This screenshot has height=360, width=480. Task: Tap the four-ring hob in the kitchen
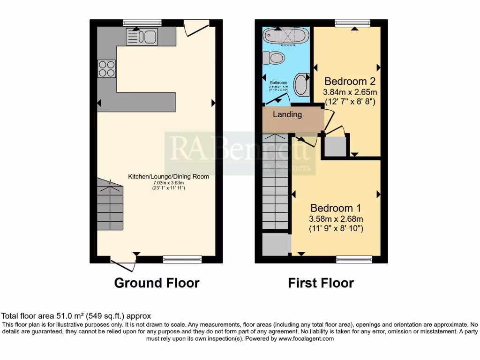click(107, 69)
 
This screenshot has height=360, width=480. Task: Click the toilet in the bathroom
click(274, 58)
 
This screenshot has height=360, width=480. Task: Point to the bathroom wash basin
click(301, 83)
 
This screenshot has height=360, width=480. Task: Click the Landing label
click(287, 114)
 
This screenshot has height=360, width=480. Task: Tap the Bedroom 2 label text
click(350, 80)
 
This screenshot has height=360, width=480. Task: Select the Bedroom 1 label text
click(336, 208)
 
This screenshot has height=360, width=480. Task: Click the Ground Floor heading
click(157, 283)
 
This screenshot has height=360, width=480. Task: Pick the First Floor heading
click(321, 283)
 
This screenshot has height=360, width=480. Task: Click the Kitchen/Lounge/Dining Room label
click(169, 177)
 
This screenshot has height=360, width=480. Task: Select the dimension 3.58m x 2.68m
click(336, 219)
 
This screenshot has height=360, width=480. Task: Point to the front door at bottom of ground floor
click(124, 263)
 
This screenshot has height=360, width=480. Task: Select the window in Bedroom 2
click(352, 22)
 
